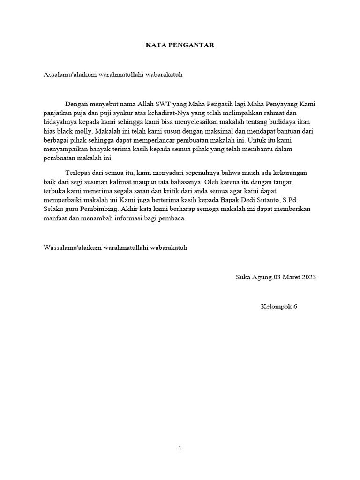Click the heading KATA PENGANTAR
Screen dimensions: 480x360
[180, 45]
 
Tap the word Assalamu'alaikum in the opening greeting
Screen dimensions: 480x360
[69, 75]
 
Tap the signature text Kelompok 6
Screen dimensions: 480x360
[279, 307]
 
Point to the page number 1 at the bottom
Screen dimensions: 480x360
[180, 448]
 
